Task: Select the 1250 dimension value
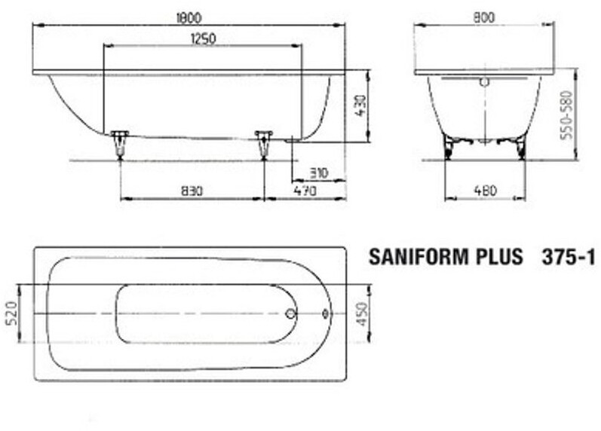(x=203, y=39)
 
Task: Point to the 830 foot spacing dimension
(x=192, y=191)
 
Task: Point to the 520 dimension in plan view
(x=12, y=313)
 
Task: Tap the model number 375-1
(x=569, y=258)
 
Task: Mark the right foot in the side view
(x=263, y=143)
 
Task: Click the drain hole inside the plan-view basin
(x=291, y=313)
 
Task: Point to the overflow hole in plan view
(x=326, y=313)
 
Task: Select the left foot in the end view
(x=450, y=146)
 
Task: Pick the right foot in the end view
(x=520, y=146)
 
